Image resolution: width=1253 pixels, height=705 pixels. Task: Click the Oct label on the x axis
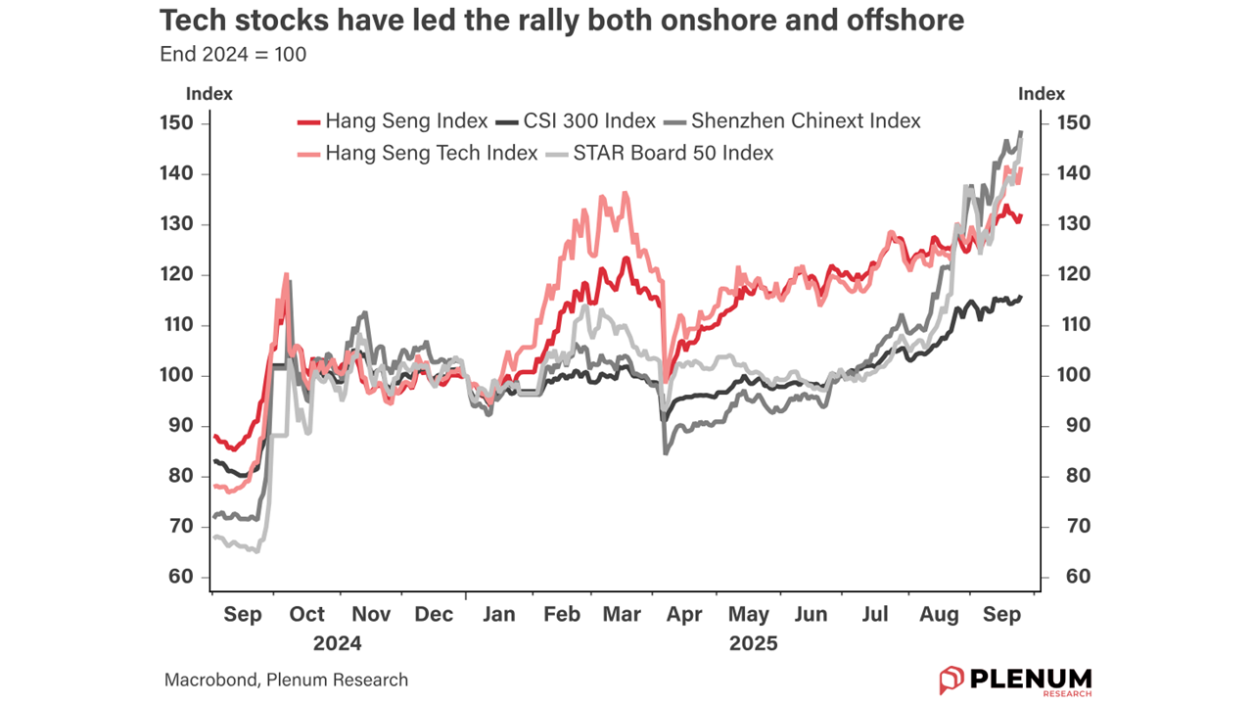coord(306,614)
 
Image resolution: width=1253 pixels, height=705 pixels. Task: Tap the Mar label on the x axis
coord(624,614)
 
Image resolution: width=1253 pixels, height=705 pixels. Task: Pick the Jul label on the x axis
coord(875,614)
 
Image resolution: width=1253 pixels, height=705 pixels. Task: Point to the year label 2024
coord(338,643)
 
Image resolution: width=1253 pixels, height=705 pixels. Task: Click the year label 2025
coord(754,643)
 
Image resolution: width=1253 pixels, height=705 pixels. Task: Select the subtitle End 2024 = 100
coord(233,55)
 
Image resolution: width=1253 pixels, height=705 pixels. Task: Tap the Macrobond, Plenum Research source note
coord(286,680)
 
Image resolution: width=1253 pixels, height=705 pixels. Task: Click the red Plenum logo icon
coord(951,680)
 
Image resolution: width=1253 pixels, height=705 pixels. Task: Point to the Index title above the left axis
coord(209,94)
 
